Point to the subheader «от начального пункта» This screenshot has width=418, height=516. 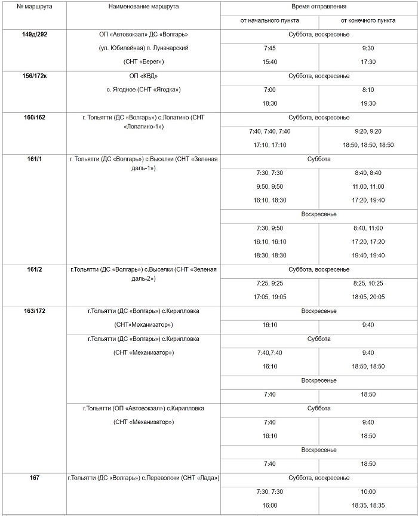click(x=269, y=20)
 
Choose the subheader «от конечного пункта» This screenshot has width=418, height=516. click(x=368, y=20)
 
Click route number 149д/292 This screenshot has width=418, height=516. click(x=34, y=35)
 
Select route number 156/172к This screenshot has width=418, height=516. click(x=34, y=76)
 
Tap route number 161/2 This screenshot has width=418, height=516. click(x=34, y=270)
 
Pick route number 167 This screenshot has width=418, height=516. click(x=34, y=478)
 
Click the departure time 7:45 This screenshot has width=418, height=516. click(x=269, y=48)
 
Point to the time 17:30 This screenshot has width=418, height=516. click(x=368, y=62)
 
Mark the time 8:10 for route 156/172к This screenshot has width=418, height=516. click(x=368, y=90)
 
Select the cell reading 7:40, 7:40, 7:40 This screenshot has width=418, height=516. click(x=269, y=131)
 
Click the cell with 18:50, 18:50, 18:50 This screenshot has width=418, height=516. click(x=368, y=145)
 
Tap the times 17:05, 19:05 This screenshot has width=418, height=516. click(x=269, y=297)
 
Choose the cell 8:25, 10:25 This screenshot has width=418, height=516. click(x=368, y=283)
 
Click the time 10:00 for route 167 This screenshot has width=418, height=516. click(x=368, y=492)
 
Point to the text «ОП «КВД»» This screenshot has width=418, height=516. click(x=143, y=76)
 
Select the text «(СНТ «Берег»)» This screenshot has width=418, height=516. click(x=143, y=62)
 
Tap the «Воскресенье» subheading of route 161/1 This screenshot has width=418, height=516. click(x=319, y=214)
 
